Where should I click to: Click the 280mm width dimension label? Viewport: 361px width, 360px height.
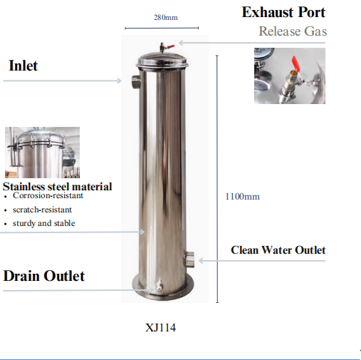pyautogui.click(x=166, y=17)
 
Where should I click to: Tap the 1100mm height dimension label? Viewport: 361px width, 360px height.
pyautogui.click(x=242, y=197)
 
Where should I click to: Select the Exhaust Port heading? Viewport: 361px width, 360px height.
pyautogui.click(x=283, y=12)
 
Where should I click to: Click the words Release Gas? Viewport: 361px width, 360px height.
pyautogui.click(x=293, y=31)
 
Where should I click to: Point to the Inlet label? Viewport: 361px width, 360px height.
pyautogui.click(x=23, y=66)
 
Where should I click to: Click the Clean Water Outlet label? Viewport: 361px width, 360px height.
pyautogui.click(x=278, y=250)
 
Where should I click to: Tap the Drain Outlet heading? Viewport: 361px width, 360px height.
pyautogui.click(x=44, y=276)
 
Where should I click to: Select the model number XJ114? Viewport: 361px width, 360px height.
pyautogui.click(x=160, y=328)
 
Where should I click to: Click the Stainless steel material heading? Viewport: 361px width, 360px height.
pyautogui.click(x=57, y=187)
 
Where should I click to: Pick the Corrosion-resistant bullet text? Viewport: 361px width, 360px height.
pyautogui.click(x=48, y=195)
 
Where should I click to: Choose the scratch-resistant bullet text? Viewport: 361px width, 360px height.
pyautogui.click(x=42, y=210)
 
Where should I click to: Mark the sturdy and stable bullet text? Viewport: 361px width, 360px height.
pyautogui.click(x=44, y=223)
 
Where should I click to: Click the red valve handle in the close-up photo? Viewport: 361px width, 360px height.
pyautogui.click(x=296, y=63)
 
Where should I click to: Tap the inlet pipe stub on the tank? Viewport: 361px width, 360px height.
pyautogui.click(x=135, y=82)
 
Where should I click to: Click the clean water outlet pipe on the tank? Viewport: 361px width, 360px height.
pyautogui.click(x=189, y=259)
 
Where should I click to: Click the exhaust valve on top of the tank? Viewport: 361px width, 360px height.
pyautogui.click(x=166, y=47)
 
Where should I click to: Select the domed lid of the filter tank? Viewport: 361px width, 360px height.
pyautogui.click(x=162, y=60)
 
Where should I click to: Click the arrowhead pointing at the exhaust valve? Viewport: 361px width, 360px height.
pyautogui.click(x=180, y=43)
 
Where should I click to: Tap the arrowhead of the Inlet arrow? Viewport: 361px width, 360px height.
pyautogui.click(x=120, y=81)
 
